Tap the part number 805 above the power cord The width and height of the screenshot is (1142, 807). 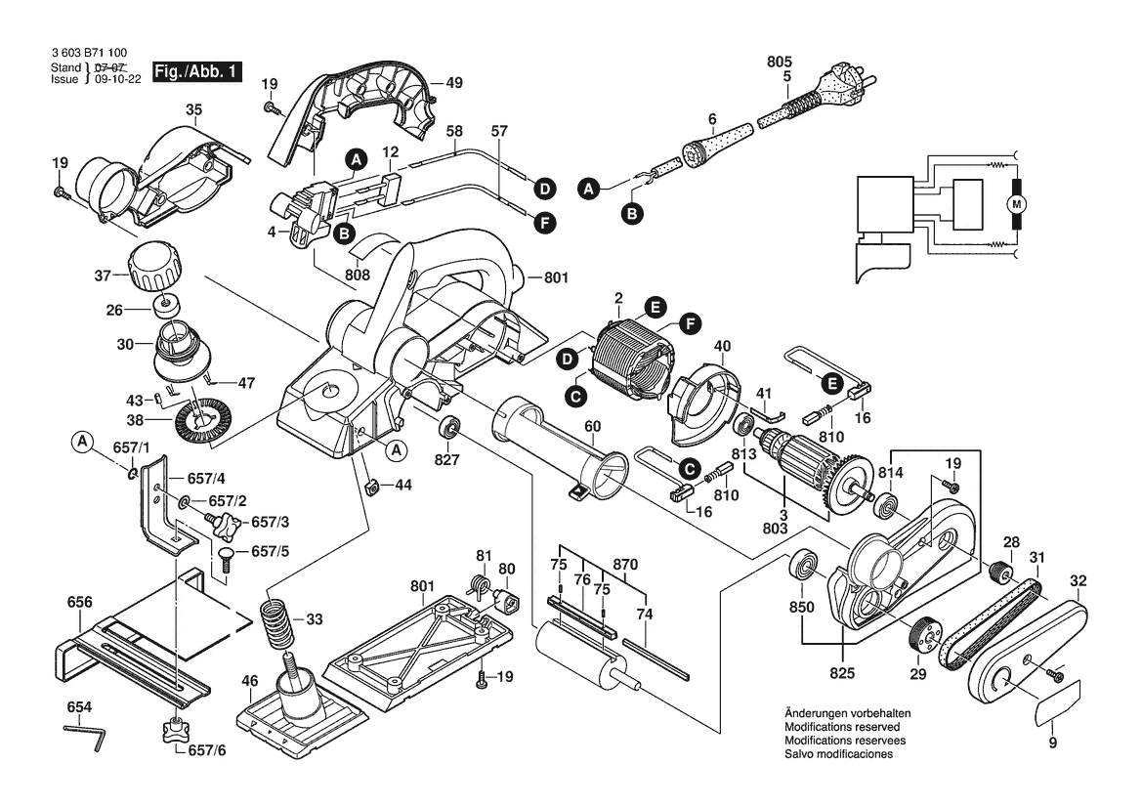pyautogui.click(x=779, y=62)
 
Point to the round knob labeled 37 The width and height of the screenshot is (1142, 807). pyautogui.click(x=153, y=265)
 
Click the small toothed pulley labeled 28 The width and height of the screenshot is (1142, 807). pyautogui.click(x=999, y=572)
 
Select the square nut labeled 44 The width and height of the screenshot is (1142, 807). pyautogui.click(x=371, y=486)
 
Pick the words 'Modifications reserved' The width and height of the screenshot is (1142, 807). pyautogui.click(x=841, y=728)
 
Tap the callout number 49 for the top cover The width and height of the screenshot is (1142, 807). pyautogui.click(x=453, y=82)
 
